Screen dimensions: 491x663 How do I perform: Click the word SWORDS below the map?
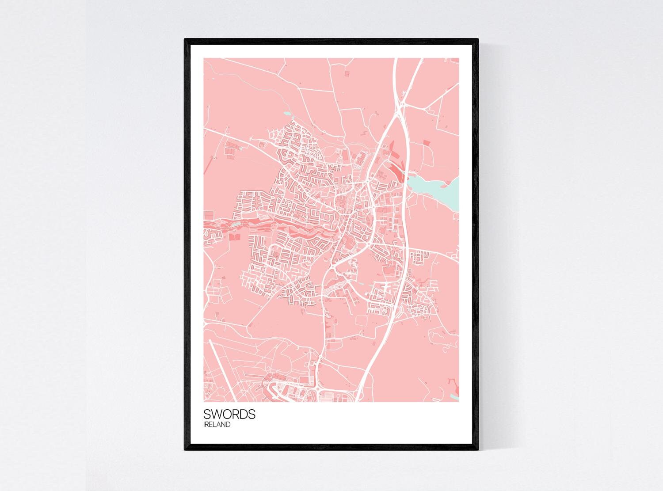229,415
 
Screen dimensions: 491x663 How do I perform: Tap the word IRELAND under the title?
217,425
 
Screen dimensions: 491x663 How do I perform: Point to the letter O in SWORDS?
228,415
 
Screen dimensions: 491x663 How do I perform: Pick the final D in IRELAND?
228,425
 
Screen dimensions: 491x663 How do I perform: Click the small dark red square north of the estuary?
426,142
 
